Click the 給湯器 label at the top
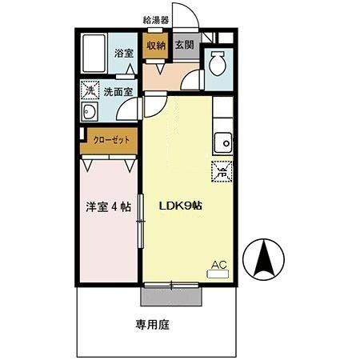coord(156,19)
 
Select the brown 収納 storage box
coord(155,46)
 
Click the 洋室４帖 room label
coord(109,206)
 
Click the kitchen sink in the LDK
coord(222,142)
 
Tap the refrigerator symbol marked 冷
coord(220,170)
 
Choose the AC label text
coord(218,264)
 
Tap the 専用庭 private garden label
coord(151,326)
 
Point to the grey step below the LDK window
coord(171,296)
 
